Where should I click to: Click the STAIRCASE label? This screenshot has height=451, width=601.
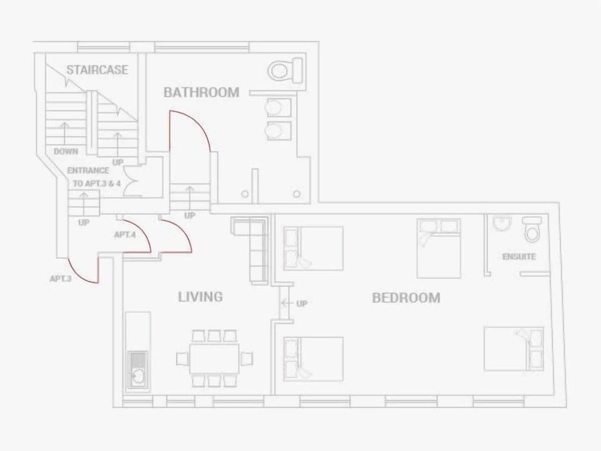click(x=97, y=70)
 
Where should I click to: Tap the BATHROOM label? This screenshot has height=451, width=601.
click(x=201, y=92)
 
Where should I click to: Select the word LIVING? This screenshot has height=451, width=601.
click(x=200, y=296)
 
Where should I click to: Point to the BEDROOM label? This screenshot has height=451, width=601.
click(x=406, y=298)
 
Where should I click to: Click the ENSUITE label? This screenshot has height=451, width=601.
click(x=519, y=257)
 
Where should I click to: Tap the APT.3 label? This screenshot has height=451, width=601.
click(x=61, y=279)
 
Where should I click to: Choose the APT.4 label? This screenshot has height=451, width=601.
click(x=125, y=235)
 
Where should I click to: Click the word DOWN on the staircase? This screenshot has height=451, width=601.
click(x=66, y=152)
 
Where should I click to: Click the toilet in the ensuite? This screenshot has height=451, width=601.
click(x=532, y=231)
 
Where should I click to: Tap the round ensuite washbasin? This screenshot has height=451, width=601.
click(x=502, y=224)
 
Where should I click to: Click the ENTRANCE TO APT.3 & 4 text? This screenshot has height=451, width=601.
click(x=96, y=177)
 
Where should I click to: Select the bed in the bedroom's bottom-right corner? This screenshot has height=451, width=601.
click(x=514, y=349)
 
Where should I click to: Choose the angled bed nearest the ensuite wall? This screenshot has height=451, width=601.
click(x=439, y=248)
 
